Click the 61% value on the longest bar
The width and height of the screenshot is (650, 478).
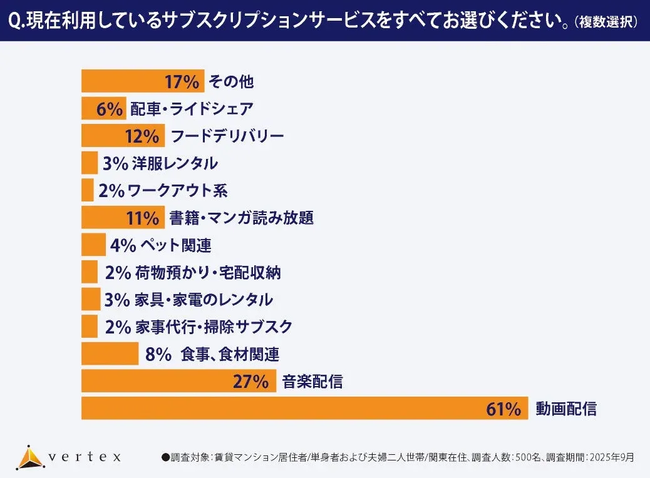503,409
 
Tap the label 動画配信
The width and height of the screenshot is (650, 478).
566,409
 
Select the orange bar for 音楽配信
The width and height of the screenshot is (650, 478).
178,381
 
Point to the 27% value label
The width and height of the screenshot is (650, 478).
250,381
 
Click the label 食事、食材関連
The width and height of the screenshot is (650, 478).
229,354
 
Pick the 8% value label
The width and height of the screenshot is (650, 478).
158,354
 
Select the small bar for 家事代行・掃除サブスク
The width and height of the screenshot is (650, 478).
90,327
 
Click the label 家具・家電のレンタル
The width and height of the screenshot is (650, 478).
204,300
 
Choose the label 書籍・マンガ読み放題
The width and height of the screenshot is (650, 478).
241,218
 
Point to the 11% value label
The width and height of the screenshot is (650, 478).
143,218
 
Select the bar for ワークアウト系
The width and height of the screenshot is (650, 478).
87,190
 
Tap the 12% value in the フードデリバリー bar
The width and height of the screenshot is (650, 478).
146,136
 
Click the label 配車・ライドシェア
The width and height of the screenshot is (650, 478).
192,109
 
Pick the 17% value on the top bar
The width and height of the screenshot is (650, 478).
182,81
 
